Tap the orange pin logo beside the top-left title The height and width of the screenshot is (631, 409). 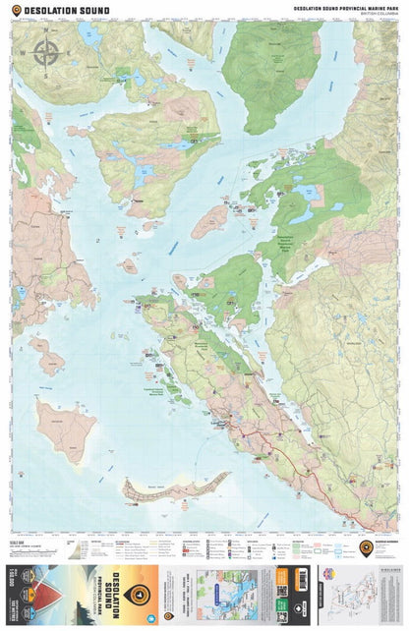point(15,11)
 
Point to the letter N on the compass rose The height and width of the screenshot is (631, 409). point(46,31)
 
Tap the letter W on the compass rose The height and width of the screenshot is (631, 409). point(27,52)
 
